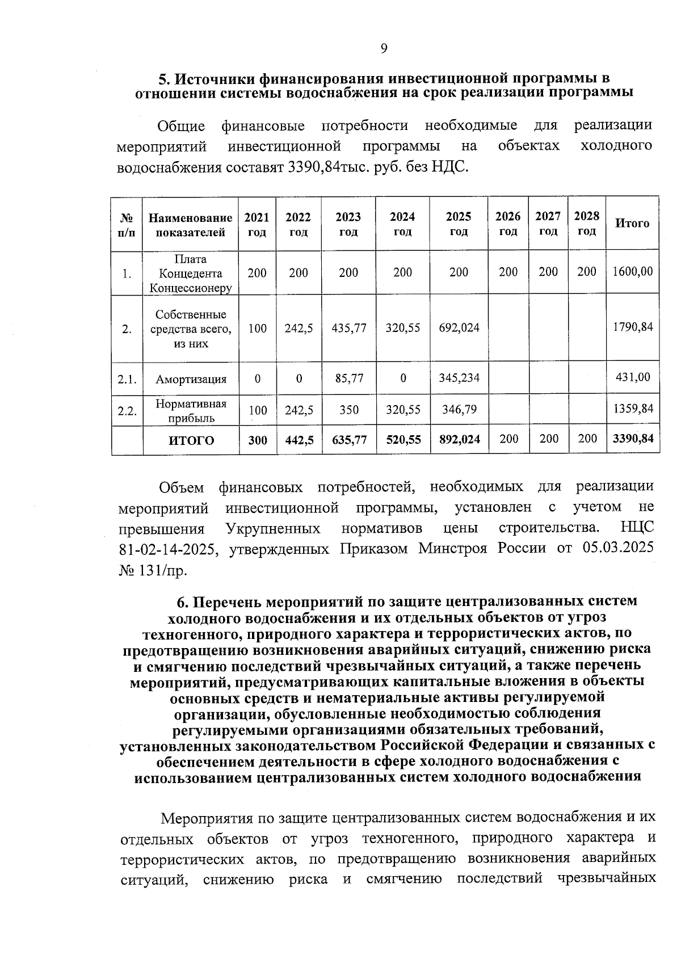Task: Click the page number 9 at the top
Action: pyautogui.click(x=384, y=49)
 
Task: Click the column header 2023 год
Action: pyautogui.click(x=348, y=224)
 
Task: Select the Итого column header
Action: pyautogui.click(x=632, y=224)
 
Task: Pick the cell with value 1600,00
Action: pyautogui.click(x=633, y=272)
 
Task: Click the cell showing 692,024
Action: pyautogui.click(x=459, y=328)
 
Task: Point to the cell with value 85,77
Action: pyautogui.click(x=349, y=378)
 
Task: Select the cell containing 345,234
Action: pyautogui.click(x=459, y=378)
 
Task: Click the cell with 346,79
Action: pyautogui.click(x=459, y=409)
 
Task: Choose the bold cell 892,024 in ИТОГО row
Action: pyautogui.click(x=459, y=439)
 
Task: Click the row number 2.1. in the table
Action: pyautogui.click(x=127, y=379)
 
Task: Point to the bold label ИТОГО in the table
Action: pyautogui.click(x=191, y=440)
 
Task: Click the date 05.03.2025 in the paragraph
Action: pyautogui.click(x=617, y=548)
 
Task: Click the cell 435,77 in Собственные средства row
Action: pyautogui.click(x=349, y=328)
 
